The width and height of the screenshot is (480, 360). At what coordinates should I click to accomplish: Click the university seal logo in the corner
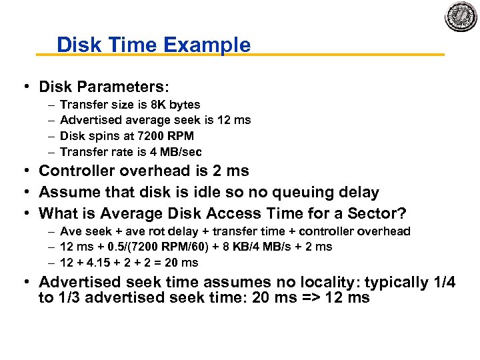[x=461, y=16]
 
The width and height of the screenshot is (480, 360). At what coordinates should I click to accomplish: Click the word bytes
[x=185, y=105]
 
